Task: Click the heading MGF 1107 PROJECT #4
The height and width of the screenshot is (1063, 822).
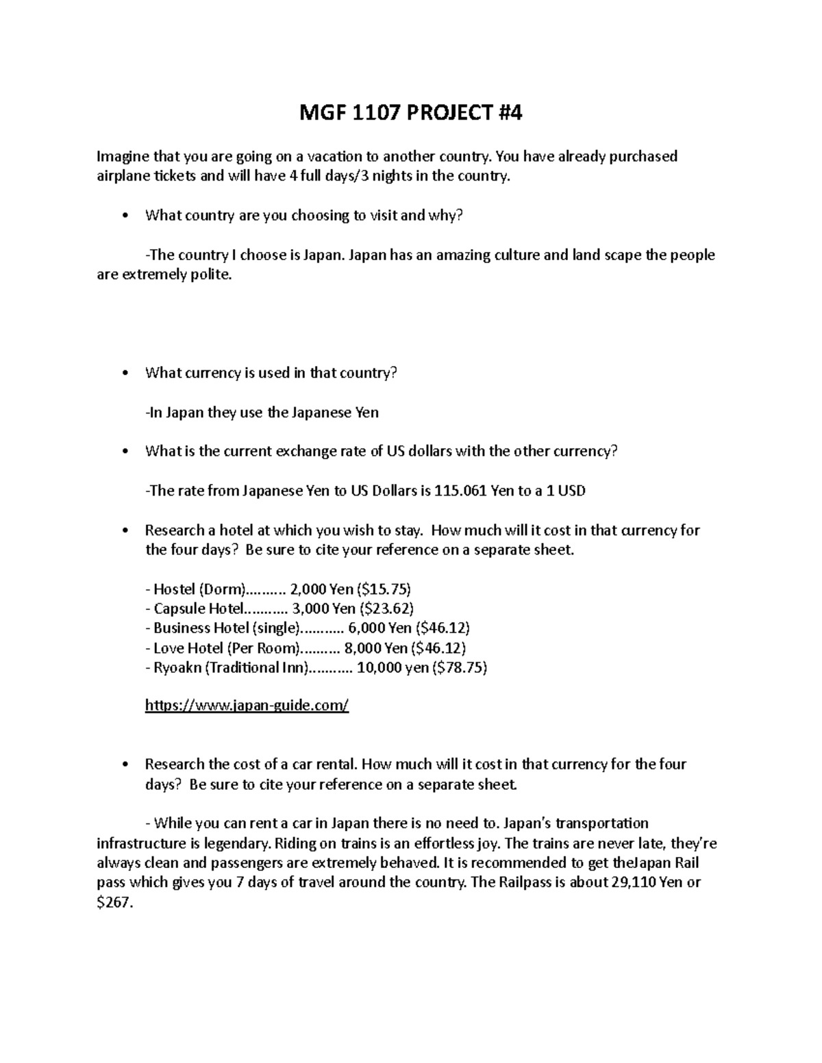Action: (x=411, y=112)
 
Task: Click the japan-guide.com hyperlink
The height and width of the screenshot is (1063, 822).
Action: (x=247, y=706)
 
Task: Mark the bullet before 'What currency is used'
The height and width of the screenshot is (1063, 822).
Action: (x=123, y=374)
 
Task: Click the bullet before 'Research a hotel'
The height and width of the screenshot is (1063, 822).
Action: (x=123, y=531)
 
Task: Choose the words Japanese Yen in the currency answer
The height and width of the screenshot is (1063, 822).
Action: (x=335, y=413)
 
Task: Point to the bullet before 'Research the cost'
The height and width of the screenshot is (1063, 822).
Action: (x=123, y=765)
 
